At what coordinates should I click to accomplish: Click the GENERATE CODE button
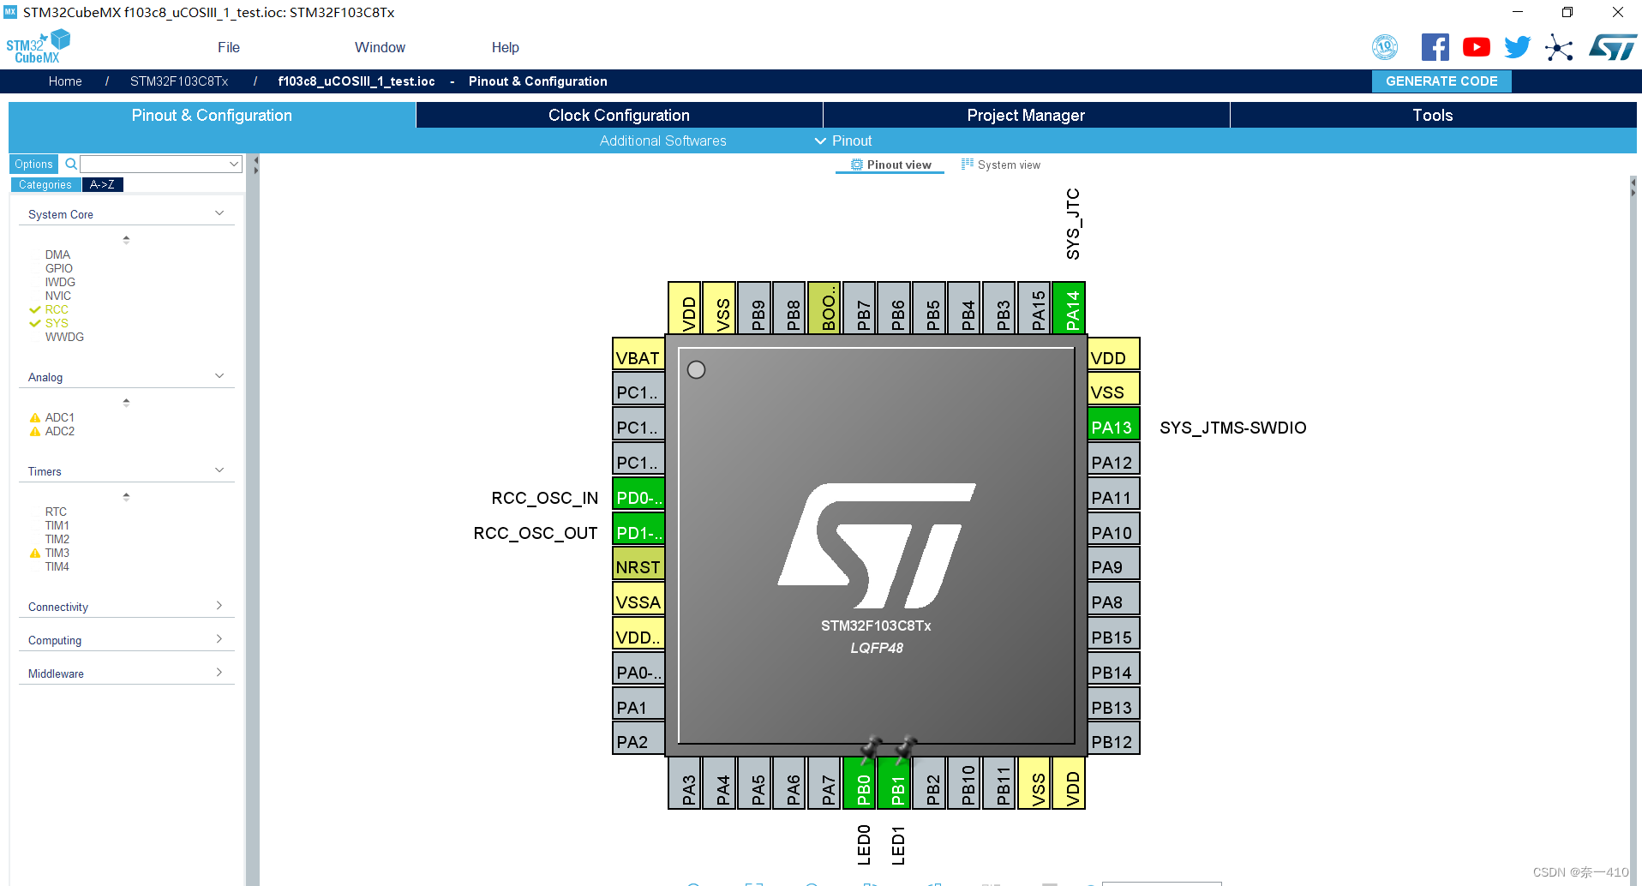1441,81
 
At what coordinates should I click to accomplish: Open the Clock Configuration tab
619,116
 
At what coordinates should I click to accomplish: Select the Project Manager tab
1026,116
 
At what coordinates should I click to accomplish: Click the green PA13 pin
1112,427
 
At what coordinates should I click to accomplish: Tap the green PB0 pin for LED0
862,784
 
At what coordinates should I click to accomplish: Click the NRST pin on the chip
638,567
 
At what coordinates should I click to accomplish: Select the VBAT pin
638,357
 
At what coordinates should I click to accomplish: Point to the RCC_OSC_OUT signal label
536,533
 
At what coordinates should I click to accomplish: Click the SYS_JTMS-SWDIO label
1232,428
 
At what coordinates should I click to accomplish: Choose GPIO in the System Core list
59,268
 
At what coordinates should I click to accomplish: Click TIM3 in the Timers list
57,553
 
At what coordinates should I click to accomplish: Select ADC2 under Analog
60,431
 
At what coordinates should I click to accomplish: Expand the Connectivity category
125,607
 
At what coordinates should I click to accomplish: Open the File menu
229,48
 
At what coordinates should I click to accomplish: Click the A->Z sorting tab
102,184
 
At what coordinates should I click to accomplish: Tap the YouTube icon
1476,47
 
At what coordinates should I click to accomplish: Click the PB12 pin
1112,742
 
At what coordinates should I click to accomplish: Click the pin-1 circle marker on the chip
697,369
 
